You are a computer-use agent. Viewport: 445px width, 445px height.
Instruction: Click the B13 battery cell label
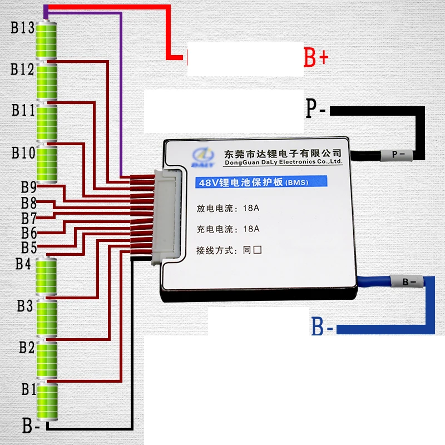pyautogui.click(x=22, y=27)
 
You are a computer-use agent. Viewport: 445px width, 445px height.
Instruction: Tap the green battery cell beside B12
pyautogui.click(x=47, y=82)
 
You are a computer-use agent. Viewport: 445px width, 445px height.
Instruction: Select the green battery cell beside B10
pyautogui.click(x=47, y=164)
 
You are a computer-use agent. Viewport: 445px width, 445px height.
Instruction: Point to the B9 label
pyautogui.click(x=29, y=187)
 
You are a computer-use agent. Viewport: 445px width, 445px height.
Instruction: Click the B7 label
pyautogui.click(x=29, y=218)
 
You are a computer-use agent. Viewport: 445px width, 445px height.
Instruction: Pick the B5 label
pyautogui.click(x=29, y=247)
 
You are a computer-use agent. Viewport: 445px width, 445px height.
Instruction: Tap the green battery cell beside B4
pyautogui.click(x=46, y=276)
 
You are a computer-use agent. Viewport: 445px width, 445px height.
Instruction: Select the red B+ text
pyautogui.click(x=316, y=57)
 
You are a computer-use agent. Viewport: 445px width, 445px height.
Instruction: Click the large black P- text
pyautogui.click(x=315, y=108)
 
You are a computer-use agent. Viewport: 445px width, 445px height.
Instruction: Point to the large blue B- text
pyautogui.click(x=322, y=326)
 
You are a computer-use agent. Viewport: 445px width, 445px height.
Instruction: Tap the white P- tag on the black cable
pyautogui.click(x=397, y=155)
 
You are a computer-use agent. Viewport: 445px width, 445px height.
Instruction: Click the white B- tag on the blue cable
pyautogui.click(x=407, y=281)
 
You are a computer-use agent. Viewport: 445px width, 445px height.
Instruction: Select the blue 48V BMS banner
pyautogui.click(x=261, y=182)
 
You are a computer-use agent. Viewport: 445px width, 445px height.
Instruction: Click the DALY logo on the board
pyautogui.click(x=203, y=157)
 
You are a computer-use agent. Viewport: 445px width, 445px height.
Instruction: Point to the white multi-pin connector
pyautogui.click(x=167, y=216)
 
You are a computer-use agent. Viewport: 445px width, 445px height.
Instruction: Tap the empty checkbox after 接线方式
pyautogui.click(x=258, y=250)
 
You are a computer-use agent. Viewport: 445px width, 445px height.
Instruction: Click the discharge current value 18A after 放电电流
pyautogui.click(x=251, y=208)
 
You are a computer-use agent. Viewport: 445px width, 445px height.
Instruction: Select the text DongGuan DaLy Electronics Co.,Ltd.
pyautogui.click(x=284, y=162)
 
